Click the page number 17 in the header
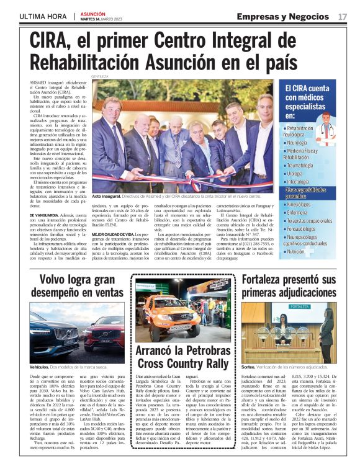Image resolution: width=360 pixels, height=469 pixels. (343, 16)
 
